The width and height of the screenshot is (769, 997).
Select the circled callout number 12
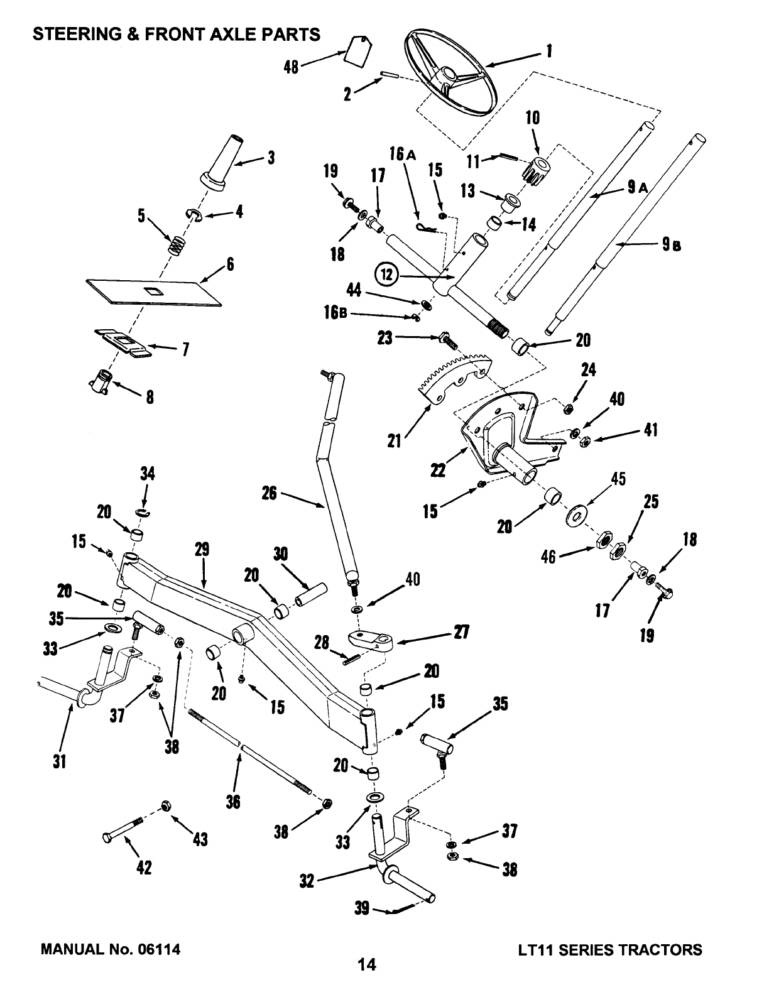click(x=384, y=275)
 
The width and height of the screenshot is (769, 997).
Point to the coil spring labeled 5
click(x=177, y=244)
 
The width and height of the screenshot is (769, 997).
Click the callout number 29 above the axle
click(x=202, y=550)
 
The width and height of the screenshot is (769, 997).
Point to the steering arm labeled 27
click(x=371, y=641)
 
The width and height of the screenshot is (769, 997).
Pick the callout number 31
click(x=61, y=761)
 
